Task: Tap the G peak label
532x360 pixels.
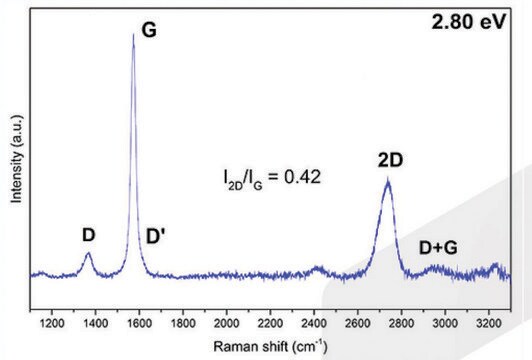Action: click(149, 30)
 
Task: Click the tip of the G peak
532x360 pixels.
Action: click(134, 35)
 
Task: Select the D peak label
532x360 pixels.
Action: click(88, 235)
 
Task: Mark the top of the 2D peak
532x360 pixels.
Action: click(388, 180)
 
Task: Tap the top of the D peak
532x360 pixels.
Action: click(88, 254)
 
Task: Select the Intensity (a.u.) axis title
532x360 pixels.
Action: click(16, 160)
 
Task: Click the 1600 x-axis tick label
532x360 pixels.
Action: click(140, 325)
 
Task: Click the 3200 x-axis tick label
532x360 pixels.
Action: click(489, 325)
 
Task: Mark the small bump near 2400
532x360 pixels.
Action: click(319, 268)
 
